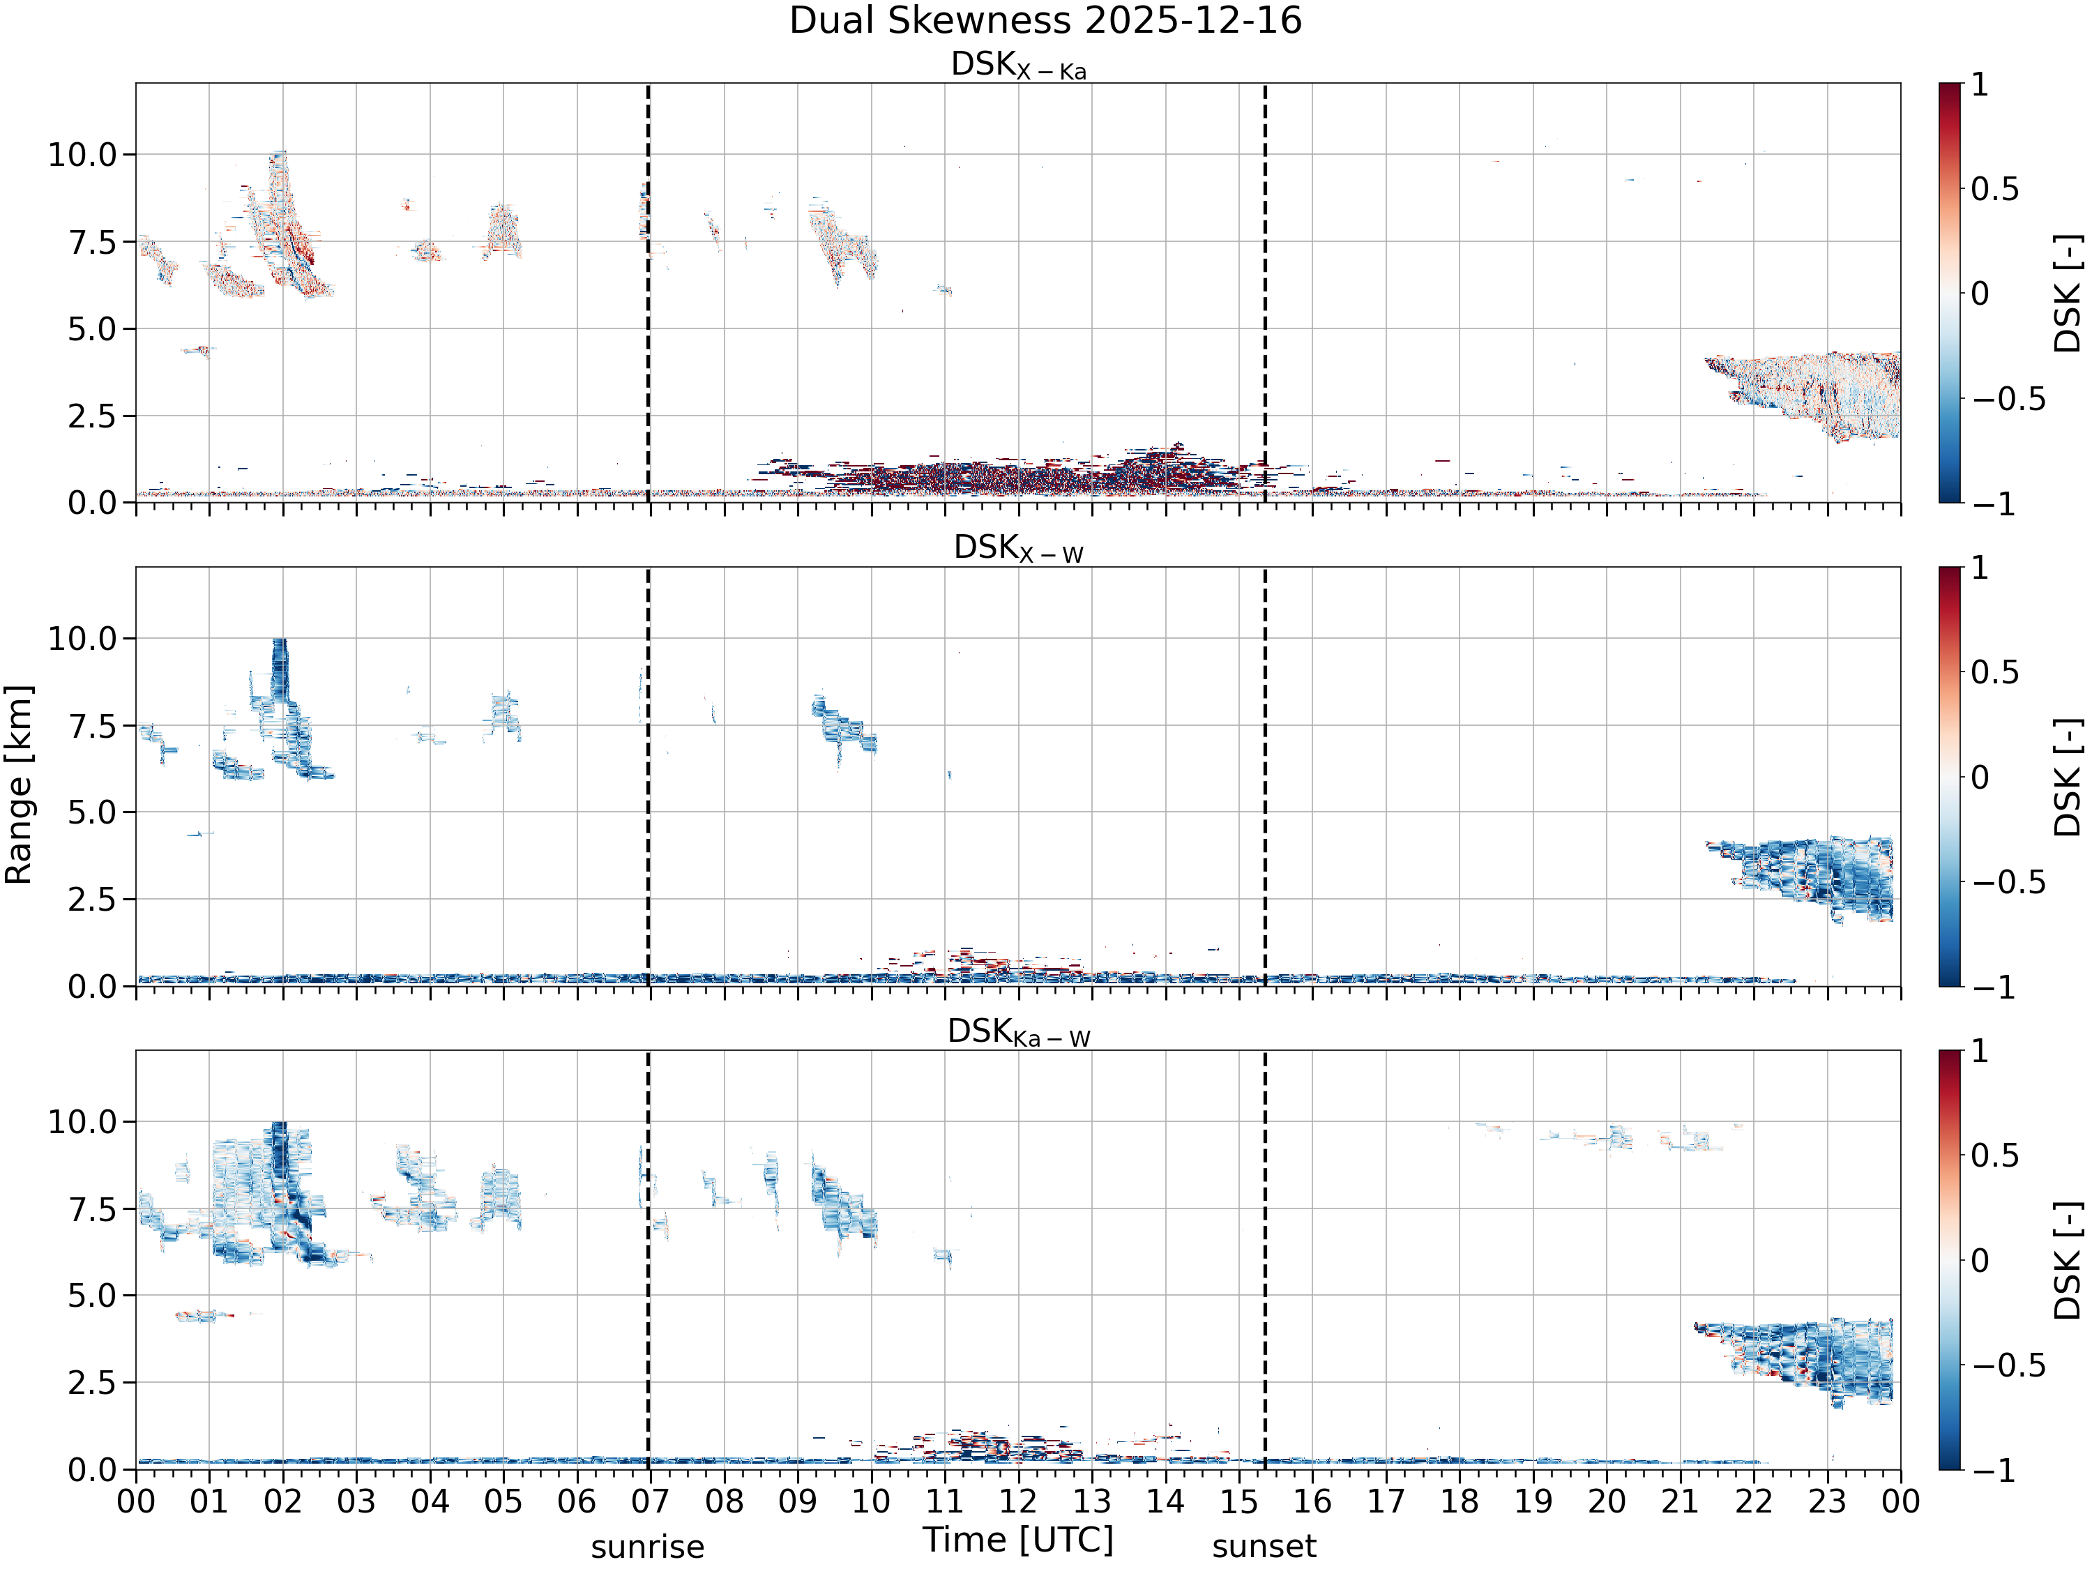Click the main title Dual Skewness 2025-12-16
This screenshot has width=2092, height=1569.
(x=1045, y=21)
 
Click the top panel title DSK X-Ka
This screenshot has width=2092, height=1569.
(x=1019, y=66)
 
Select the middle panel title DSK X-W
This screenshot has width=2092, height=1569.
(x=1019, y=549)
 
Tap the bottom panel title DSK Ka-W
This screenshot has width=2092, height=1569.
(x=1019, y=1032)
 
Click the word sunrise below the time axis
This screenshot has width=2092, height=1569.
(x=648, y=1547)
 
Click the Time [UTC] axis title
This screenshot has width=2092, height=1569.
(x=1019, y=1540)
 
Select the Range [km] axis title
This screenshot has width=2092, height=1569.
(x=19, y=785)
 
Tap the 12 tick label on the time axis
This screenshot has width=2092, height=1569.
(x=1019, y=1501)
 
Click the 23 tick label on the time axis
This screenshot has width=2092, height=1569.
(x=1827, y=1501)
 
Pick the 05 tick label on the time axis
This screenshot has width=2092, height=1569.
(x=503, y=1501)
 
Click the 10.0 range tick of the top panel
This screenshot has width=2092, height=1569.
(x=82, y=154)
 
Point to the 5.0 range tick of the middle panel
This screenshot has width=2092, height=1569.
(x=93, y=812)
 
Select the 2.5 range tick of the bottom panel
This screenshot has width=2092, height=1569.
(x=93, y=1383)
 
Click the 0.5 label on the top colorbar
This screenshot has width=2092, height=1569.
(x=1994, y=189)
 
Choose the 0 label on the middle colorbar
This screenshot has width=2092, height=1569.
(x=1980, y=778)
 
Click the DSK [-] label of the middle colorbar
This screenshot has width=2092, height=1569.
(x=2069, y=778)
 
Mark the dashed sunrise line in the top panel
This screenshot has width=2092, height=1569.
(x=648, y=292)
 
